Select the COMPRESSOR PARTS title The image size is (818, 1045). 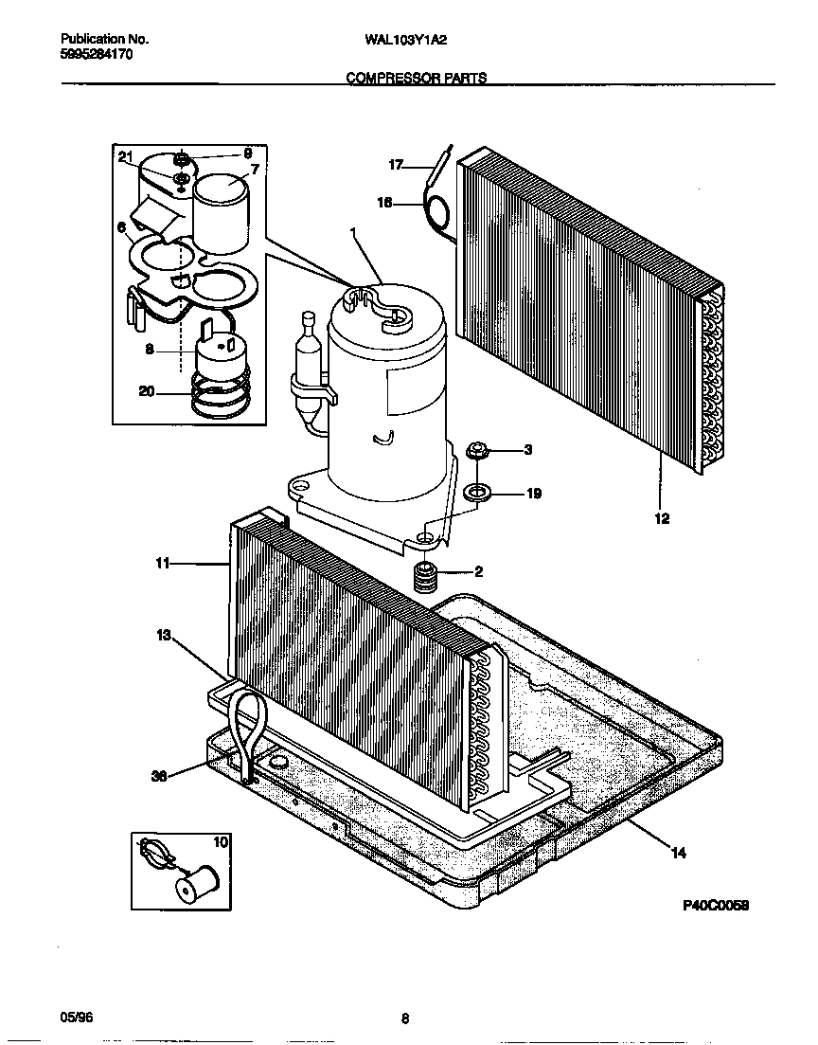click(417, 79)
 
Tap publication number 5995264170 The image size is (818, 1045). click(97, 55)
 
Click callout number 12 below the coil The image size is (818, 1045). click(662, 518)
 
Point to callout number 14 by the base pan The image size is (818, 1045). click(678, 854)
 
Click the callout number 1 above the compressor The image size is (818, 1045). click(353, 232)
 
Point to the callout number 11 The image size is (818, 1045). click(163, 563)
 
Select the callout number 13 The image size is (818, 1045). click(165, 636)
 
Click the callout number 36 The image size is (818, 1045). click(160, 776)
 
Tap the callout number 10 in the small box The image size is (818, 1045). click(221, 841)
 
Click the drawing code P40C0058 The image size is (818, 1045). click(716, 906)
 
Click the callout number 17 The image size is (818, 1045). click(396, 165)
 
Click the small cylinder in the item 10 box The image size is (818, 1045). click(196, 884)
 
